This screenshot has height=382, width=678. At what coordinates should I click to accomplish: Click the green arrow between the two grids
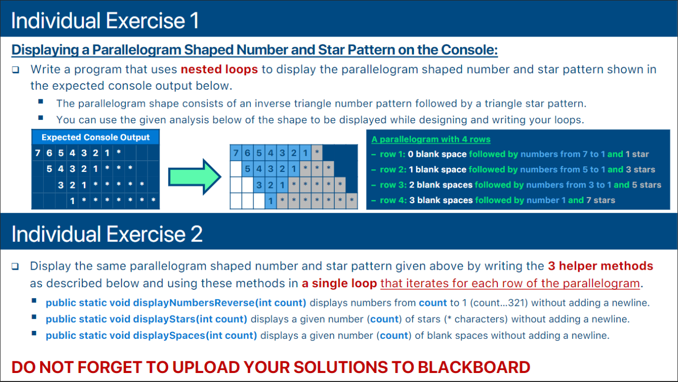195,177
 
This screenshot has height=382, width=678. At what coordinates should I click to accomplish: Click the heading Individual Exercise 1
105,21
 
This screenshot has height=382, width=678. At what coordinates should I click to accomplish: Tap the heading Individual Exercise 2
107,234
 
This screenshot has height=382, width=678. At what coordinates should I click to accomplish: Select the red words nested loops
219,69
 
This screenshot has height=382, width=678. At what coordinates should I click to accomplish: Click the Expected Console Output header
96,137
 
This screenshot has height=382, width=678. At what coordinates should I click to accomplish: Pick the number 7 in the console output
38,153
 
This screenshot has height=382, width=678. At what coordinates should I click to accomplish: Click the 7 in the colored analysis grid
236,153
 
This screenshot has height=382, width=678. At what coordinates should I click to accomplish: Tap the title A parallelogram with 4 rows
431,139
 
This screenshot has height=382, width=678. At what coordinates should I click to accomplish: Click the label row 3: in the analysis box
393,185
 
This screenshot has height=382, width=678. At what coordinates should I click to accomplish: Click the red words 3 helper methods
601,266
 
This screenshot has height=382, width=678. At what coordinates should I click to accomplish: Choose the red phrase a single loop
339,283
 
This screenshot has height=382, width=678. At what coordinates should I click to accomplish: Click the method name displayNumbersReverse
194,303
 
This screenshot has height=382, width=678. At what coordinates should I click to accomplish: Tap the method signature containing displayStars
147,319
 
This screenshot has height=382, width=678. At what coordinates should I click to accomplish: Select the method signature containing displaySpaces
152,335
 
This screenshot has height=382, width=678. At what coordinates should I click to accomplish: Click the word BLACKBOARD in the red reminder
474,367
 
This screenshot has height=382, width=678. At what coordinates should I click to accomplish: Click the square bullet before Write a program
16,70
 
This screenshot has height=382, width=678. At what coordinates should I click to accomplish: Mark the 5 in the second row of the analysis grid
247,168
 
